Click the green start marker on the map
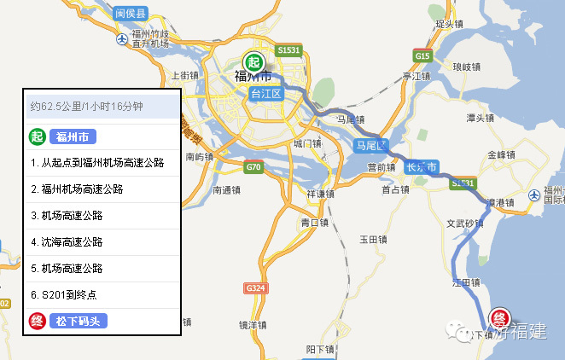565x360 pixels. [x=253, y=62]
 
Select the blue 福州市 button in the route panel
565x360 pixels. [x=73, y=136]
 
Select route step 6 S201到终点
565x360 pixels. [x=63, y=294]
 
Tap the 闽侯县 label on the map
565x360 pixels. [x=131, y=14]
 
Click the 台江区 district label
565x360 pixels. [x=265, y=94]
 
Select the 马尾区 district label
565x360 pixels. [x=371, y=145]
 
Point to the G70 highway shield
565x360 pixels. [x=253, y=166]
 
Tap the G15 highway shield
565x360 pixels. [x=422, y=55]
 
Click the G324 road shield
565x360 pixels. [x=254, y=287]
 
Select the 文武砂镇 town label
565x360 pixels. [x=465, y=225]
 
